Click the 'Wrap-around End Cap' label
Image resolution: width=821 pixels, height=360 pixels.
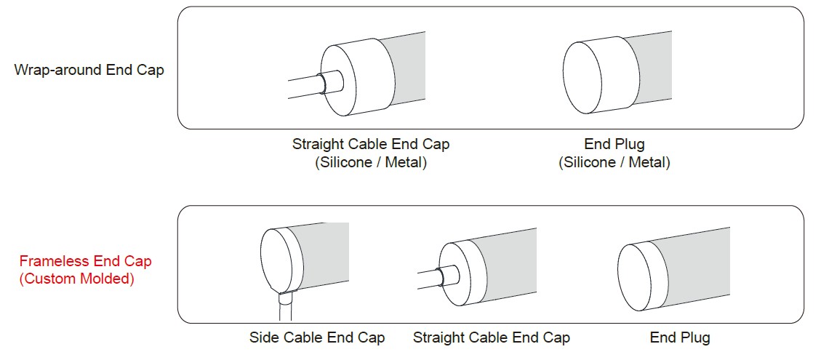89,70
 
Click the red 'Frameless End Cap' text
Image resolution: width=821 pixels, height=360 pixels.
85,262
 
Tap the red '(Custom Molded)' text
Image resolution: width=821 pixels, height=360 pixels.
76,279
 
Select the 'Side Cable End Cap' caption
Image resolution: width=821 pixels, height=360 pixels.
317,337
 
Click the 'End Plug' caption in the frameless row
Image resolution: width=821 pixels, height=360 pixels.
680,337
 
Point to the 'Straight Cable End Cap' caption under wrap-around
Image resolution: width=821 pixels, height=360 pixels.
371,144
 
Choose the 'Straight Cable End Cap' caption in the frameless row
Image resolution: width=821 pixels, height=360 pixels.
491,337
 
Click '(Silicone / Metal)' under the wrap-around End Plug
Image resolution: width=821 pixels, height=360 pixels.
614,162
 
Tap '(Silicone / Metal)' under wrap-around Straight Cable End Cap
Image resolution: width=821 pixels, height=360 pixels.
371,162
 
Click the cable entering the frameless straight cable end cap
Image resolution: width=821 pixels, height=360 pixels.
431,276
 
